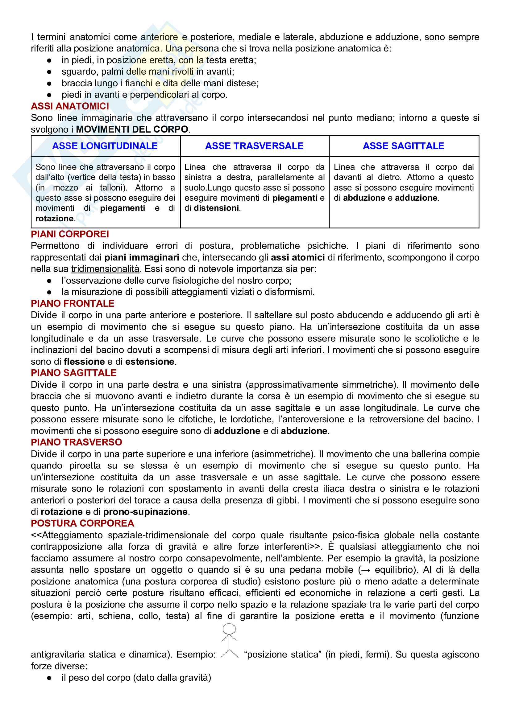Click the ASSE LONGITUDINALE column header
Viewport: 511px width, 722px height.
[105, 146]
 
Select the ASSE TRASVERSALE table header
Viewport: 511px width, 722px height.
[254, 146]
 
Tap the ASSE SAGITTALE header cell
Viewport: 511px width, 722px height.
[403, 146]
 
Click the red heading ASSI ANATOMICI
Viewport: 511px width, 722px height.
[70, 106]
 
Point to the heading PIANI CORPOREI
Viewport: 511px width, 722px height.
[70, 234]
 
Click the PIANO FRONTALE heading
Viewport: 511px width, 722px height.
[73, 303]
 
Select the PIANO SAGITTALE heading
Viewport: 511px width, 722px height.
[74, 373]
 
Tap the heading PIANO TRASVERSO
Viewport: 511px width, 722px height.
[77, 442]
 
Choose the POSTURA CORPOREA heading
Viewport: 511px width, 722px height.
[82, 523]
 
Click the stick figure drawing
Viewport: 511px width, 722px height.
[229, 640]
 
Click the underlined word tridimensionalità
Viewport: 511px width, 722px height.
[105, 269]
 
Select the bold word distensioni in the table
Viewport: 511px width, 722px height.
[216, 208]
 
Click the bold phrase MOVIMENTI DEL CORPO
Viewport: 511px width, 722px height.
[132, 129]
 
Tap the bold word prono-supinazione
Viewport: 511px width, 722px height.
[145, 512]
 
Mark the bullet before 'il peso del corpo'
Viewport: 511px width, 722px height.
[49, 678]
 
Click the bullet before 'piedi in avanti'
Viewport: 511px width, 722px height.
[49, 95]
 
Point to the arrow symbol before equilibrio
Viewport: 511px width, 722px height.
[366, 570]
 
